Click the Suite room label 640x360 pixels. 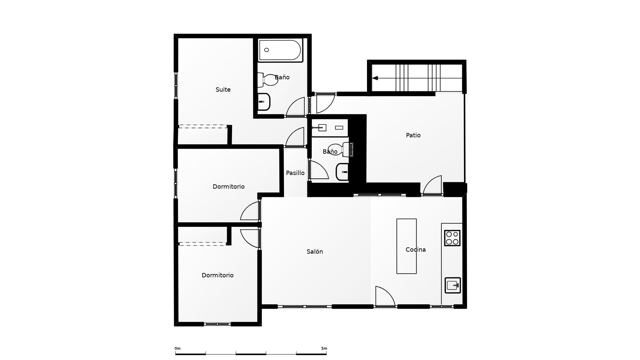[x=223, y=90]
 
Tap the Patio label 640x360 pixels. [x=413, y=135]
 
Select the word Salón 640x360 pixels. [x=315, y=252]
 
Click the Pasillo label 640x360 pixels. [x=295, y=173]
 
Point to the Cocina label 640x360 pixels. [x=415, y=250]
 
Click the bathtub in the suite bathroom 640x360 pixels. [x=280, y=50]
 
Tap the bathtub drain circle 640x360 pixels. [x=266, y=50]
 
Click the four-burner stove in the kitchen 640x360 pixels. [x=452, y=238]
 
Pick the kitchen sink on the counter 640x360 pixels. [x=453, y=285]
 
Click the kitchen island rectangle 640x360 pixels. [x=406, y=246]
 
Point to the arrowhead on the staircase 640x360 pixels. [x=375, y=78]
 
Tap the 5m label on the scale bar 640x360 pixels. [x=324, y=348]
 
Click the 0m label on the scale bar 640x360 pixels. [x=177, y=348]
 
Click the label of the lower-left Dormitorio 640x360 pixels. [x=217, y=275]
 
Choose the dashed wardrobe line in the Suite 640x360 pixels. [x=203, y=126]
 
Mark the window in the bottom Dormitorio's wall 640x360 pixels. [x=217, y=324]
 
